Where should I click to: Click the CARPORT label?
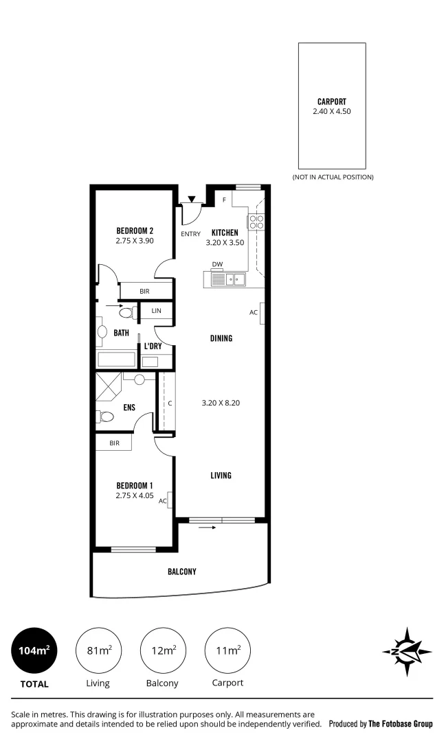tap(331, 102)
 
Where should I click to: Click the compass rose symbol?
tap(406, 652)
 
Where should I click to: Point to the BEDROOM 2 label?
tap(135, 231)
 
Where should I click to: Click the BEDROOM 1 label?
tap(135, 485)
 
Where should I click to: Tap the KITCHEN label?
tap(225, 233)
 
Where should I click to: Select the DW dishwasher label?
tap(217, 264)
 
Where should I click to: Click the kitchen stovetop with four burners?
tap(256, 222)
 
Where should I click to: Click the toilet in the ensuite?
tap(107, 416)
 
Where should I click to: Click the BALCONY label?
tap(182, 572)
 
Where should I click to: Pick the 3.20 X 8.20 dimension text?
tap(221, 403)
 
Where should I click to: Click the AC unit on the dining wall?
tap(262, 312)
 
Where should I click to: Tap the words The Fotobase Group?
tap(401, 724)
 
